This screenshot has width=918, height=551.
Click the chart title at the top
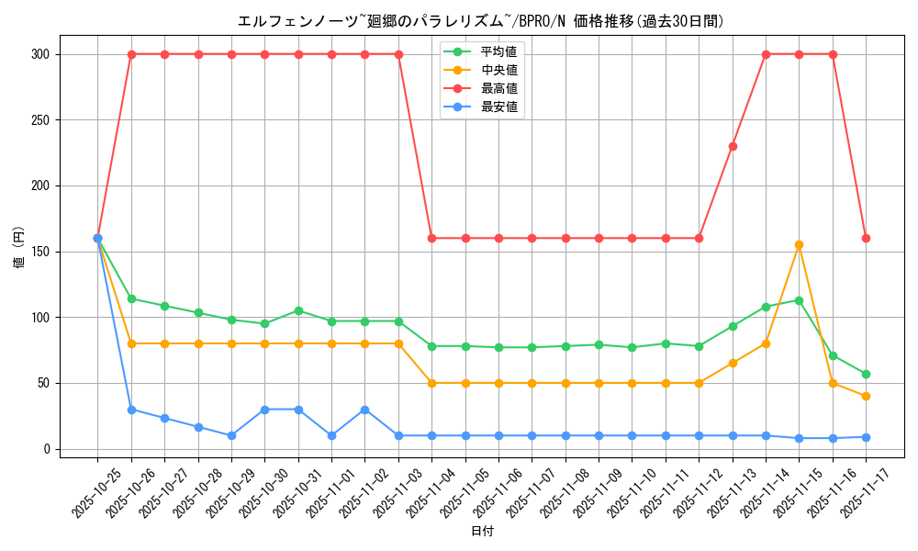[x=480, y=21]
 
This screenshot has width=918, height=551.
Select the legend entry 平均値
[x=498, y=51]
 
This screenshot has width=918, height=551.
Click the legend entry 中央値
[x=498, y=70]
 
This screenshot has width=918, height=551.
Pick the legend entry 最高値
[x=498, y=88]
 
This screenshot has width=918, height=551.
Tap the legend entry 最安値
[x=498, y=107]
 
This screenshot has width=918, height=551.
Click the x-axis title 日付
[x=482, y=532]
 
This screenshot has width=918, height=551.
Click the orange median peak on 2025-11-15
[x=799, y=245]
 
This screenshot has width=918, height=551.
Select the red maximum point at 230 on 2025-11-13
[x=733, y=146]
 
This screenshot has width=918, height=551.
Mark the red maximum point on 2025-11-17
[x=866, y=238]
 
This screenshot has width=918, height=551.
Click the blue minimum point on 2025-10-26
[x=131, y=410]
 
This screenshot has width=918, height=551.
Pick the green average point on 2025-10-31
[x=298, y=310]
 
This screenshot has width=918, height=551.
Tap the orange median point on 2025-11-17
[x=866, y=396]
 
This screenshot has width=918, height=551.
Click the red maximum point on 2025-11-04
[x=431, y=238]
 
